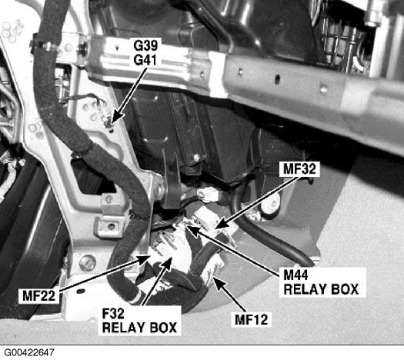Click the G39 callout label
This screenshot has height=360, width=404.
coord(145,45)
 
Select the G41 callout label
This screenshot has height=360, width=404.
coord(145,60)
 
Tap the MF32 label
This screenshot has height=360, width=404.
coord(299,169)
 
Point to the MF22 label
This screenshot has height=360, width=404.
coord(39,295)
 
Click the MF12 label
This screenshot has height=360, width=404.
coord(252,320)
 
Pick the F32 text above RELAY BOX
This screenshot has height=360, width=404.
coord(113,314)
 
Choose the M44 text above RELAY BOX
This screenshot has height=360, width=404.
coord(295,275)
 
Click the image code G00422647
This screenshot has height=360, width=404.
coord(29,352)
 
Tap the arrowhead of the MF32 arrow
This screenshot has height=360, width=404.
coord(215,228)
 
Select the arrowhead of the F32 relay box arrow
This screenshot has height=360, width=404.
coord(171,256)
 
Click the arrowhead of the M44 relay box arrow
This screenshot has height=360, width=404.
coord(186,225)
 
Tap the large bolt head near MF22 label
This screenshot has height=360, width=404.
coord(88,262)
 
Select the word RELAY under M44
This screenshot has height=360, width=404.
coord(303,289)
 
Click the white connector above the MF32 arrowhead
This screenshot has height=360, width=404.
coord(209,195)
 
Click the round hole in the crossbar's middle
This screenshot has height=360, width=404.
coord(277,79)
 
